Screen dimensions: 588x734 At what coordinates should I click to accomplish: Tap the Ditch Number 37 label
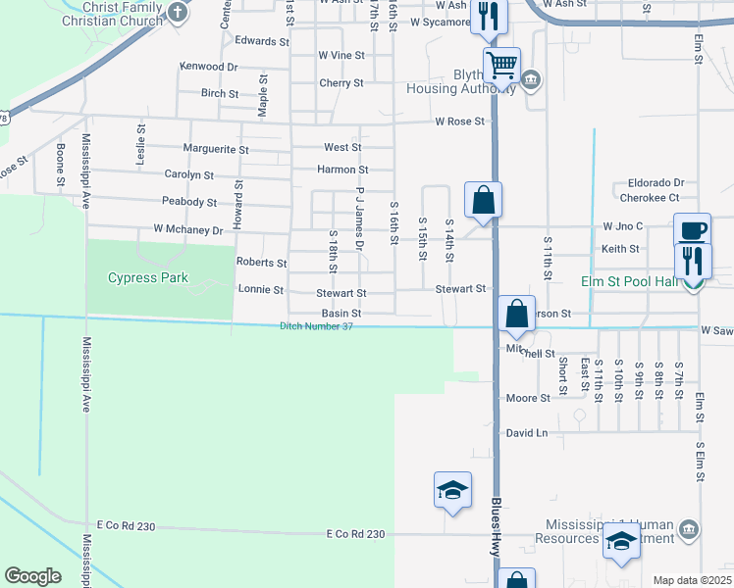point(316,326)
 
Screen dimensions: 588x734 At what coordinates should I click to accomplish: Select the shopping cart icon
point(501,66)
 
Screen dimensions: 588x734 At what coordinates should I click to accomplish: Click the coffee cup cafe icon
point(693,229)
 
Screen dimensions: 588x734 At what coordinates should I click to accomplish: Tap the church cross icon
point(177,13)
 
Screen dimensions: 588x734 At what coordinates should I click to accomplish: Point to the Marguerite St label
point(216,150)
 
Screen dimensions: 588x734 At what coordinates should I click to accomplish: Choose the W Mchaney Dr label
point(188,230)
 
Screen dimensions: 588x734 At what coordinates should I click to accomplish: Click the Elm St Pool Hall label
point(631,282)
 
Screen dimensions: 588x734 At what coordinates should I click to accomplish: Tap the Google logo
point(32,576)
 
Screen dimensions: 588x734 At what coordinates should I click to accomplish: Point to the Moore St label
point(528,398)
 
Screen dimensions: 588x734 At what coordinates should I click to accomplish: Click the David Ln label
point(527,432)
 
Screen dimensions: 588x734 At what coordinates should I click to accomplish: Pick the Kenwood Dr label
point(208,67)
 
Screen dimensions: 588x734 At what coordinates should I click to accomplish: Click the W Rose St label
point(460,122)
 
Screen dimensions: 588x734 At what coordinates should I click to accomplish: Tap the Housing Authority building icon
point(531,79)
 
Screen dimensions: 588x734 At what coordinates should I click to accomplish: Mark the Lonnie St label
point(261,290)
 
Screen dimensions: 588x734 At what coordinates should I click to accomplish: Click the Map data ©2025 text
point(691,580)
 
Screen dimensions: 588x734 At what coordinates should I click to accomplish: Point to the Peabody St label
point(189,203)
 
